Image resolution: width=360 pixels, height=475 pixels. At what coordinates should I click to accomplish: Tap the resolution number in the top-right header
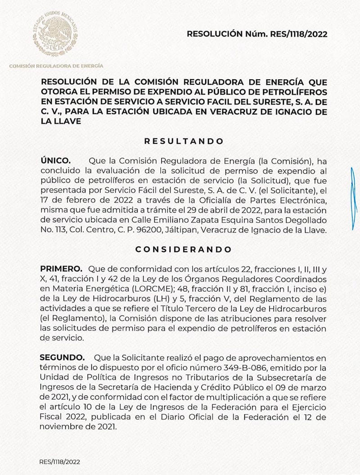pos(256,34)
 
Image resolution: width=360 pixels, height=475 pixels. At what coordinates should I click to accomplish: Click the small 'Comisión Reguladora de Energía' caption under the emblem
pos(56,66)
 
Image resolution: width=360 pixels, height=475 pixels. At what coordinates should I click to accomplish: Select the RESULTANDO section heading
pos(184,141)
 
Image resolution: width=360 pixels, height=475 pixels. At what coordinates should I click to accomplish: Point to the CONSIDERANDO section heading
pos(184,249)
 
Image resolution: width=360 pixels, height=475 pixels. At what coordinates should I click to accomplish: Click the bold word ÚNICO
pos(55,161)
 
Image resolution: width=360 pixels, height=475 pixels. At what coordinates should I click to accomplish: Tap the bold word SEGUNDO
pos(62,358)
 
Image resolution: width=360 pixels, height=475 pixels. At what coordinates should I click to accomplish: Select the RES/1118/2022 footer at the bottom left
pos(60,461)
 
